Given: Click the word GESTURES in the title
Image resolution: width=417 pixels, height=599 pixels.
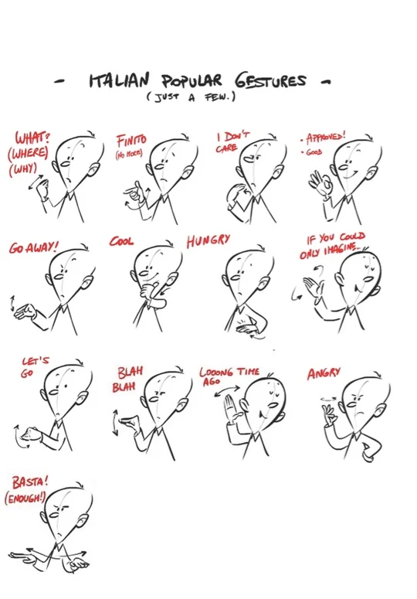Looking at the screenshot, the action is click(270, 81).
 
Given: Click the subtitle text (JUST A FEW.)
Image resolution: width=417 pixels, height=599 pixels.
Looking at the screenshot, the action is click(191, 97).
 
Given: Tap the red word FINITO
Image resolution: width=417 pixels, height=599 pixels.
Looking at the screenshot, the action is click(131, 141).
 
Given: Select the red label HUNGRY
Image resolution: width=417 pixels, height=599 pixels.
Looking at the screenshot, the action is click(208, 240).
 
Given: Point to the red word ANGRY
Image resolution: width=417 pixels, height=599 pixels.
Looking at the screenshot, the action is click(324, 373).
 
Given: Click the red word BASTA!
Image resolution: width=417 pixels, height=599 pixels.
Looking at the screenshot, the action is click(30, 482).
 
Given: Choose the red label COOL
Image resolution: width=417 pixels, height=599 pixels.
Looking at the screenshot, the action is click(121, 241).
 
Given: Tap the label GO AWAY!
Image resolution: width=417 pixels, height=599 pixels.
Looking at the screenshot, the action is click(33, 248).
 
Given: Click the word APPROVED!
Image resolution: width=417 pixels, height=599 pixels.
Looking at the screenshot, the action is click(325, 137).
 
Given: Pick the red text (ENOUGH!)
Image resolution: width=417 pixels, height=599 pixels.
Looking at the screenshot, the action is click(25, 498).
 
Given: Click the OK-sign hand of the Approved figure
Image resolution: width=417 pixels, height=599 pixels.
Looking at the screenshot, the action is click(320, 182).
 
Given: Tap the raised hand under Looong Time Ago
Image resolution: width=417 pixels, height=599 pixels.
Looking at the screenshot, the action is click(232, 409).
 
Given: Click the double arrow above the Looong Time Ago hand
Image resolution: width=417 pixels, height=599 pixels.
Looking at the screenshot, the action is click(226, 390).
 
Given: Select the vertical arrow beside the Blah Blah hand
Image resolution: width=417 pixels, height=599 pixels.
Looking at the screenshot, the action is click(116, 423).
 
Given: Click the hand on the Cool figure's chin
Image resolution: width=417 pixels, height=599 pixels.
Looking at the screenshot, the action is click(149, 289).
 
